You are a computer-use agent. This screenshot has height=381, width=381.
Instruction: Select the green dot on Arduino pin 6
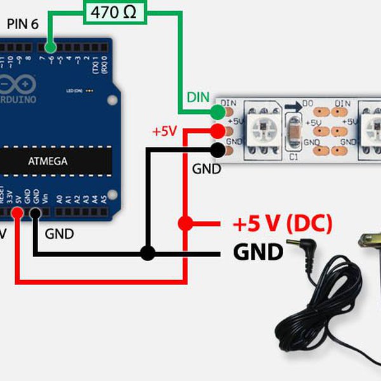click(51, 47)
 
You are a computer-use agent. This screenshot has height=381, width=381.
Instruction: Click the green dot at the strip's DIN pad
click(218, 112)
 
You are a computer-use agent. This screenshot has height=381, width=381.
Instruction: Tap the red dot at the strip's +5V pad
click(218, 131)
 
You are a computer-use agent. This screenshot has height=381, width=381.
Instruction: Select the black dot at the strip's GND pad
click(218, 150)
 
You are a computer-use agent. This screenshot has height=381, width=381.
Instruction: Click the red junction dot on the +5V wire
click(185, 224)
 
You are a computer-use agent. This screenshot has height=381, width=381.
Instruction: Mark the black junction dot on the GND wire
click(147, 253)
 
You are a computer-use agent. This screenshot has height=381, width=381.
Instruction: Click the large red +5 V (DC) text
click(282, 224)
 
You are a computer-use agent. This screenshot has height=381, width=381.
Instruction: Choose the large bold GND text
click(258, 253)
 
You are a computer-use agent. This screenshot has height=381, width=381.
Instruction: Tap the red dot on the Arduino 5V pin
click(18, 213)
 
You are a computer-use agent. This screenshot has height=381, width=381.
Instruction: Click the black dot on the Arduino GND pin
click(35, 213)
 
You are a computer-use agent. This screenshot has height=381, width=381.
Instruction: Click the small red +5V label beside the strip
click(164, 131)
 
